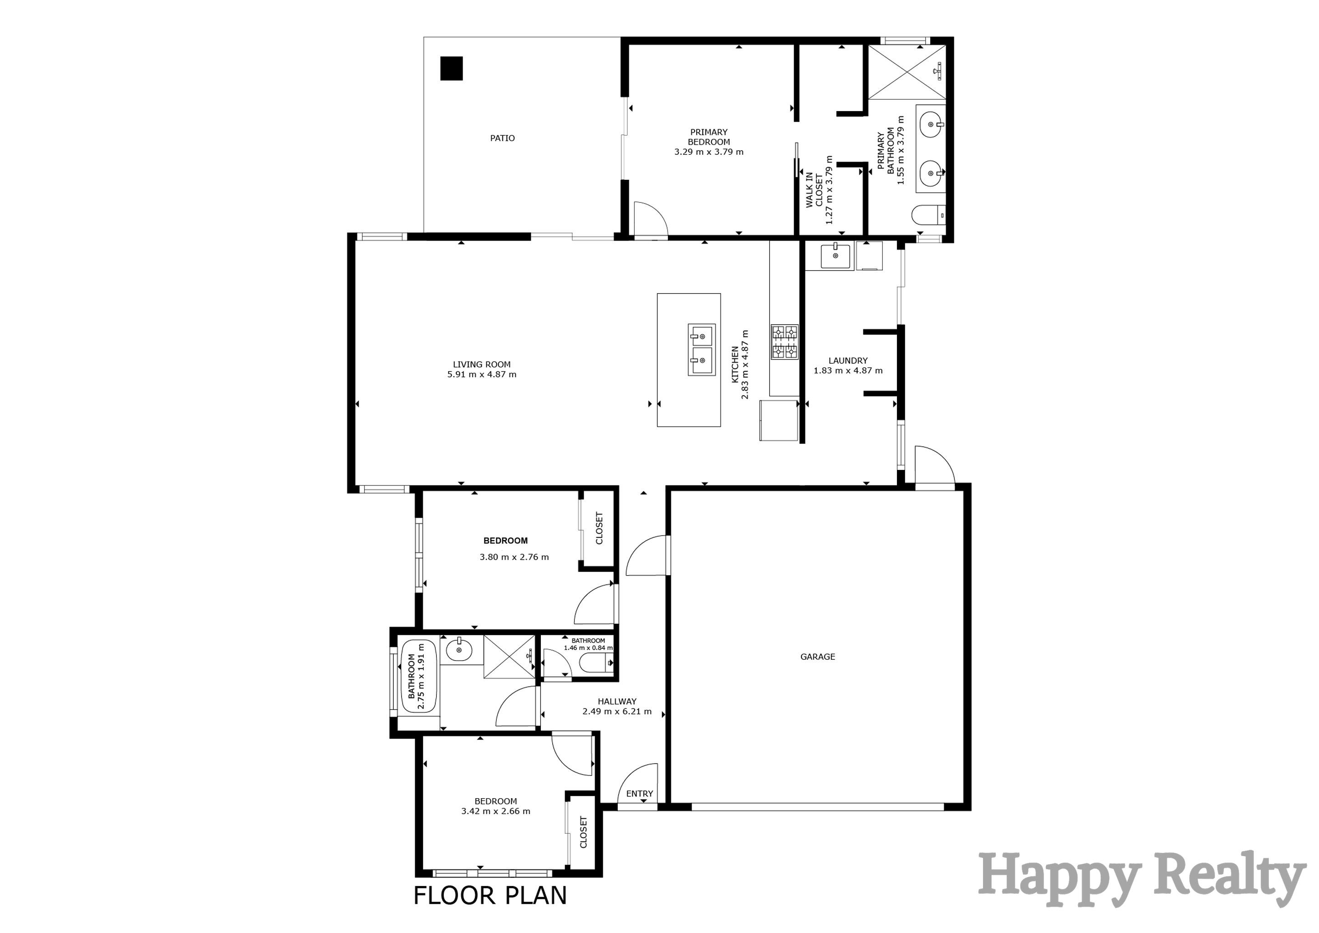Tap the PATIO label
[x=502, y=138]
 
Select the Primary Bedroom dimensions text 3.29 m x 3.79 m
[x=708, y=152]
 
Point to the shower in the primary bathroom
[x=906, y=72]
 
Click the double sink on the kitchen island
[x=702, y=349]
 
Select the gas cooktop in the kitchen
[x=784, y=342]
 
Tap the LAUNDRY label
[x=848, y=361]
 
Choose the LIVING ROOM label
[x=481, y=364]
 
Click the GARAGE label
[x=817, y=657]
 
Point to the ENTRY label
[x=639, y=793]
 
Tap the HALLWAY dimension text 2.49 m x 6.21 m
[x=617, y=711]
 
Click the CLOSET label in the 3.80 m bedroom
[x=599, y=528]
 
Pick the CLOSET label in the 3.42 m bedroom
[x=583, y=832]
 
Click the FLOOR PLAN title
[x=490, y=895]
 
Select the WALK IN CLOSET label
[x=814, y=189]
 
